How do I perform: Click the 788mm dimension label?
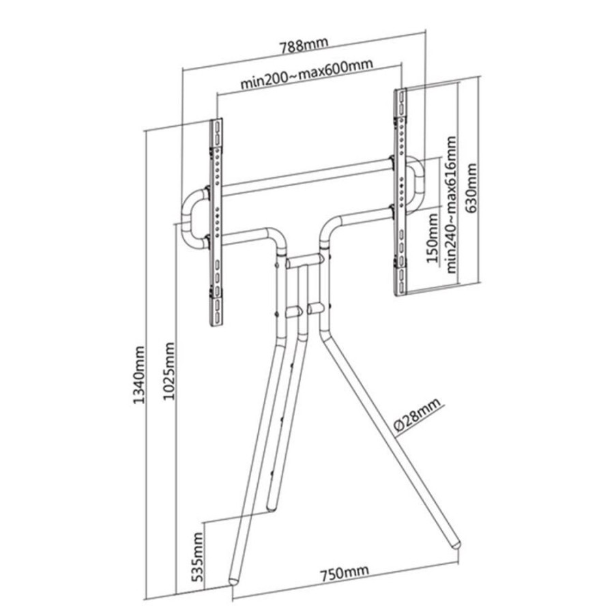[x=304, y=46]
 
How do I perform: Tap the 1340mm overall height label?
[x=139, y=375]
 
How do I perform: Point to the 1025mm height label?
[x=169, y=371]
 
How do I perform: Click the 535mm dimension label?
[x=198, y=553]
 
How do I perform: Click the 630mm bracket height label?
[x=470, y=188]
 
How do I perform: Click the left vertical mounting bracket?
[x=216, y=222]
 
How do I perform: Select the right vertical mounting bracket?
[x=400, y=192]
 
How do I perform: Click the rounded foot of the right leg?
[x=456, y=544]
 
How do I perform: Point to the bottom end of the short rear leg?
[x=272, y=508]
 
